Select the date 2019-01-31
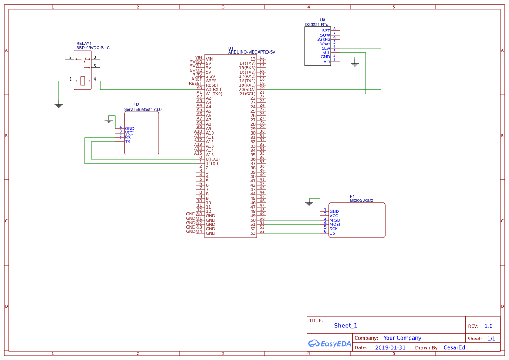tap(390, 348)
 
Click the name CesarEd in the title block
tap(454, 347)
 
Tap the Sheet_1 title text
tap(346, 326)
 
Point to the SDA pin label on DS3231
tap(325, 48)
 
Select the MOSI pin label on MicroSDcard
tap(335, 225)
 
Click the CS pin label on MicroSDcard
tap(332, 233)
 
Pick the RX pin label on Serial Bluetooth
tap(128, 138)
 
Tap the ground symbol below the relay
tap(59, 105)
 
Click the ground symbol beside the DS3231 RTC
tap(355, 64)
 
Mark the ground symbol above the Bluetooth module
tap(109, 120)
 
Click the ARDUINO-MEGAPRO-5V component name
tap(252, 52)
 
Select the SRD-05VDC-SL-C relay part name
tap(93, 48)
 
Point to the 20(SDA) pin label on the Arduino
tap(247, 90)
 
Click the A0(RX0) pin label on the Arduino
tap(214, 90)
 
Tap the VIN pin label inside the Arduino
tap(209, 59)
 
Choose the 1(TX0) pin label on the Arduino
tap(212, 164)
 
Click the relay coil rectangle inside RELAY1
tap(83, 80)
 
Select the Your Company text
tap(402, 338)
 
